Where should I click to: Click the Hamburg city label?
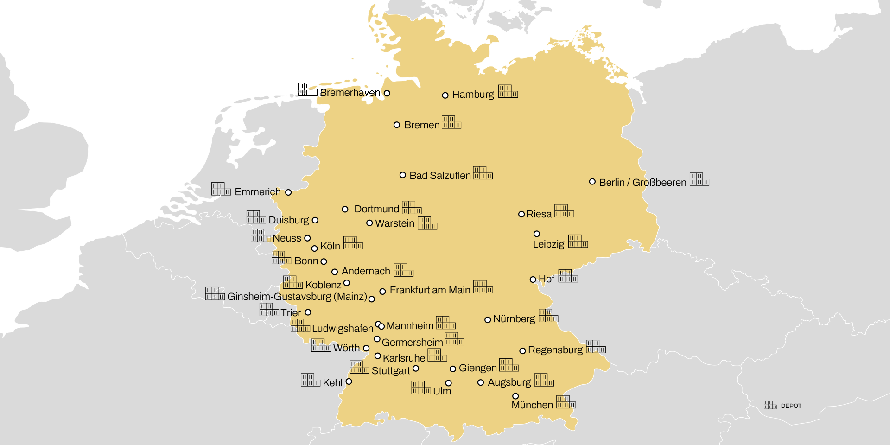click(x=473, y=95)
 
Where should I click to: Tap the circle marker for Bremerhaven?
click(x=387, y=93)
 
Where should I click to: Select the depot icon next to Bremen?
click(x=451, y=122)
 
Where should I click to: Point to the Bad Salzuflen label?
click(x=440, y=176)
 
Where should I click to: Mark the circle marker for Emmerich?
click(x=288, y=192)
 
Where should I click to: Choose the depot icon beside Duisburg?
click(x=256, y=217)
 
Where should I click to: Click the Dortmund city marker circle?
click(x=345, y=210)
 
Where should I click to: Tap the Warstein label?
click(x=394, y=223)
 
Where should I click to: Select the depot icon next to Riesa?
click(x=564, y=211)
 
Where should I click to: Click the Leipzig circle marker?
click(x=537, y=234)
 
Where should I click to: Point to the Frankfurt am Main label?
click(x=430, y=290)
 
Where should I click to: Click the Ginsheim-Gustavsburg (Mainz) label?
click(x=297, y=297)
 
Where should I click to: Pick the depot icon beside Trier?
click(x=269, y=310)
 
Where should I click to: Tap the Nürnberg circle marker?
click(x=488, y=320)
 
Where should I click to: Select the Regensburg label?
click(x=555, y=350)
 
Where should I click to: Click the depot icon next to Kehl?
click(x=310, y=380)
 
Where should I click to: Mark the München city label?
click(x=532, y=405)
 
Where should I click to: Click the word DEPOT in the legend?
click(x=791, y=406)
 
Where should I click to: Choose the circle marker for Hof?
click(x=533, y=280)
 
